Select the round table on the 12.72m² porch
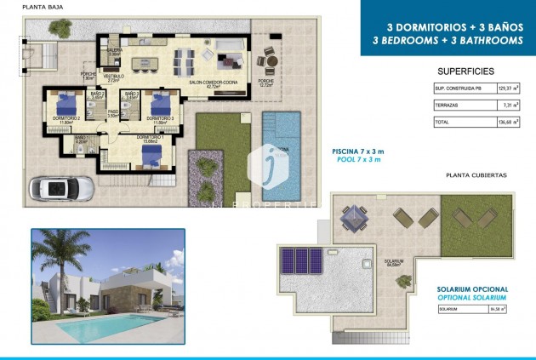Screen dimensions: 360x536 (x=269, y=59)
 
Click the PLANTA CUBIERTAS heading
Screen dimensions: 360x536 (x=476, y=174)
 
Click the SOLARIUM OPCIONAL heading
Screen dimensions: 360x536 (x=471, y=289)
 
